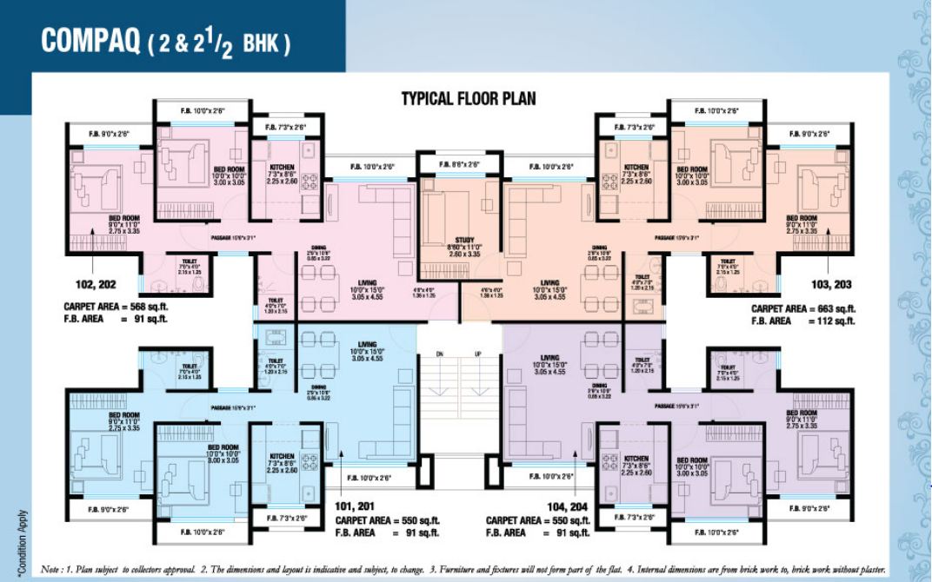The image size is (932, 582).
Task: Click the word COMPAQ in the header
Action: (x=91, y=43)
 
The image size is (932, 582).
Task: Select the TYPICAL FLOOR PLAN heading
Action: (x=468, y=98)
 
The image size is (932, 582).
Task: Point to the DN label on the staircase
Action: (x=439, y=354)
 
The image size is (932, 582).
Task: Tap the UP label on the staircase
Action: (x=477, y=354)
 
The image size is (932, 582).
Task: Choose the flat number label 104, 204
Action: (x=570, y=506)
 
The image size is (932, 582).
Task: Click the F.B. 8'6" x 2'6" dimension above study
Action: (x=460, y=164)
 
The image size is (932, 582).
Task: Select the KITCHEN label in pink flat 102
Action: (x=282, y=167)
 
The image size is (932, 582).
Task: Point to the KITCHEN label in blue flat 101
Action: (x=282, y=456)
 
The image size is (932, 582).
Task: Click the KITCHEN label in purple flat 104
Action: (x=636, y=459)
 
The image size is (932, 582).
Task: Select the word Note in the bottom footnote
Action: (x=51, y=570)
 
